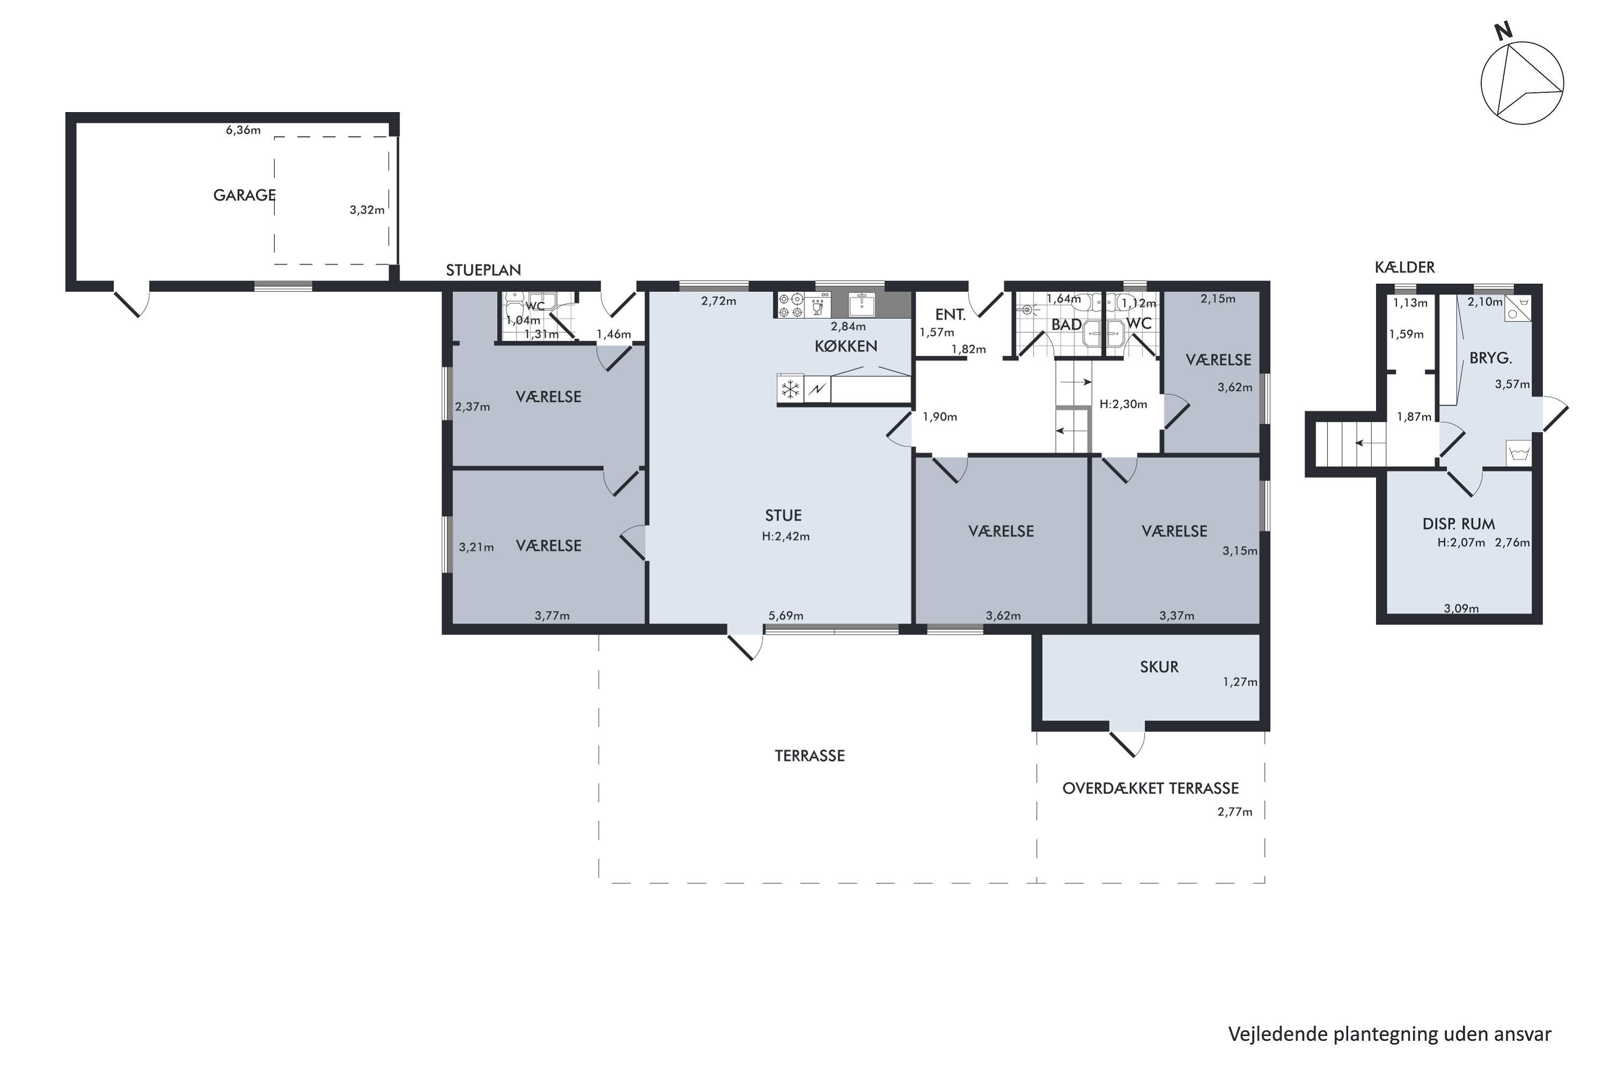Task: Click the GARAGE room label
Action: point(244,195)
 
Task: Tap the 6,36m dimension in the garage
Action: point(243,130)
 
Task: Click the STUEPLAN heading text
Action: point(484,270)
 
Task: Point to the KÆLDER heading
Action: point(1404,268)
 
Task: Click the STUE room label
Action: point(783,515)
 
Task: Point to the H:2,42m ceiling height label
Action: point(786,536)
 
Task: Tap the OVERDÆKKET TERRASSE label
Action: point(1150,788)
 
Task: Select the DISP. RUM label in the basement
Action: point(1458,524)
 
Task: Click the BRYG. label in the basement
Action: point(1490,358)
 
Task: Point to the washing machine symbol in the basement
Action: point(1519,453)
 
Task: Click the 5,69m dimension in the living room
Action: point(786,616)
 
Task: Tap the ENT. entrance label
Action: point(950,315)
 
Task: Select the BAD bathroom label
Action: point(1066,325)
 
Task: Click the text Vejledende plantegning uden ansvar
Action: point(1389,1034)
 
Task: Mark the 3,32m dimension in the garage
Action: point(367,210)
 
